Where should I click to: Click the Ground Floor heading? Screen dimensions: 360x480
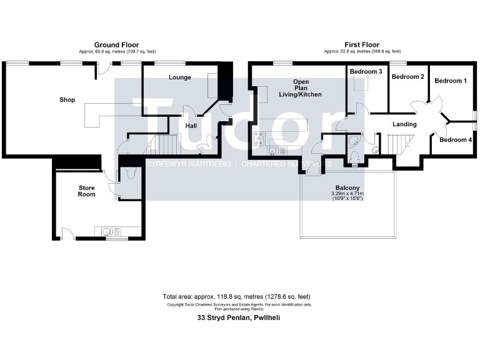coord(116,44)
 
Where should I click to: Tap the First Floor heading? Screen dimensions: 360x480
coord(362,44)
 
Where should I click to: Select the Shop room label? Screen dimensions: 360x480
coord(67,99)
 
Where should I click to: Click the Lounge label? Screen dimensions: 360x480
coord(179,77)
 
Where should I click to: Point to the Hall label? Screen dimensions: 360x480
coord(191,126)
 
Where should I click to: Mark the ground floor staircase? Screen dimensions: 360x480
coord(160,146)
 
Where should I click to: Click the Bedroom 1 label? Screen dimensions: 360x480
coord(450,81)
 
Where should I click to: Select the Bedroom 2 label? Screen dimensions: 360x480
coord(407,77)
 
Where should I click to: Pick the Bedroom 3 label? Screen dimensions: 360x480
coord(366,72)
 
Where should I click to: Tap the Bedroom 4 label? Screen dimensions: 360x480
coord(454,140)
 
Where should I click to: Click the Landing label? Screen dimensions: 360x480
coord(404,124)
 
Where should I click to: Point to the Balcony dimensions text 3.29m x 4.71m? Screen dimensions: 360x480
coord(347,194)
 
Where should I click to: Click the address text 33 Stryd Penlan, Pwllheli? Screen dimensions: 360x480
coord(239,317)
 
